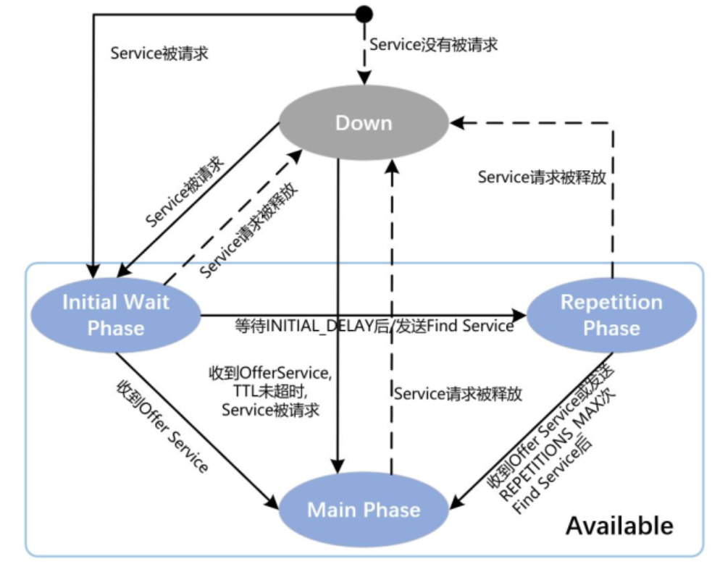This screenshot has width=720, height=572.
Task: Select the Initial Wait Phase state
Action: pyautogui.click(x=116, y=315)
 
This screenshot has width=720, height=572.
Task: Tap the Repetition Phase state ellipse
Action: pyautogui.click(x=611, y=315)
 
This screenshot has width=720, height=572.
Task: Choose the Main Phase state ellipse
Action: pyautogui.click(x=364, y=510)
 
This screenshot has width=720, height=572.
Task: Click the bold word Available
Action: pyautogui.click(x=619, y=525)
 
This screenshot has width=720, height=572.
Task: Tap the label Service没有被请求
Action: pyautogui.click(x=433, y=44)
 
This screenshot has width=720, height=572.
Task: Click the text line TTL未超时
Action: pyautogui.click(x=267, y=392)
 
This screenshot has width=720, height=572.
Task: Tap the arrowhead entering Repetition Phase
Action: pyautogui.click(x=520, y=316)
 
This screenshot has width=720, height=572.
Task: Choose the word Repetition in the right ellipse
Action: pyautogui.click(x=611, y=302)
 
